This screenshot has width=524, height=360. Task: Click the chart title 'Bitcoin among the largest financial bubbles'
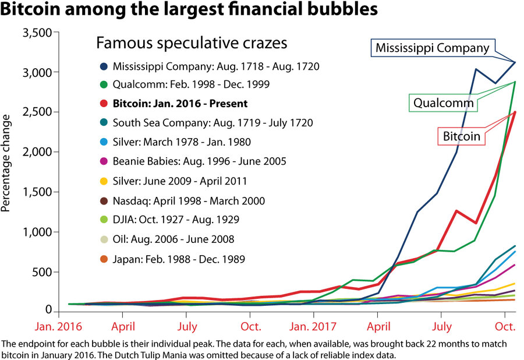pos(190,10)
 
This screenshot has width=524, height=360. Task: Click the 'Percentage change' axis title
pos(8,163)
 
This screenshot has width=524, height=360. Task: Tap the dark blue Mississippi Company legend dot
pos(103,66)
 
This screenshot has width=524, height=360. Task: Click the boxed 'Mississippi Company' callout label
pos(433,48)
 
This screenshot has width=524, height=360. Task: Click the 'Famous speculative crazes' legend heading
pos(192,43)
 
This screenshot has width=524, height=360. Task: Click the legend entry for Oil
pos(174,239)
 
